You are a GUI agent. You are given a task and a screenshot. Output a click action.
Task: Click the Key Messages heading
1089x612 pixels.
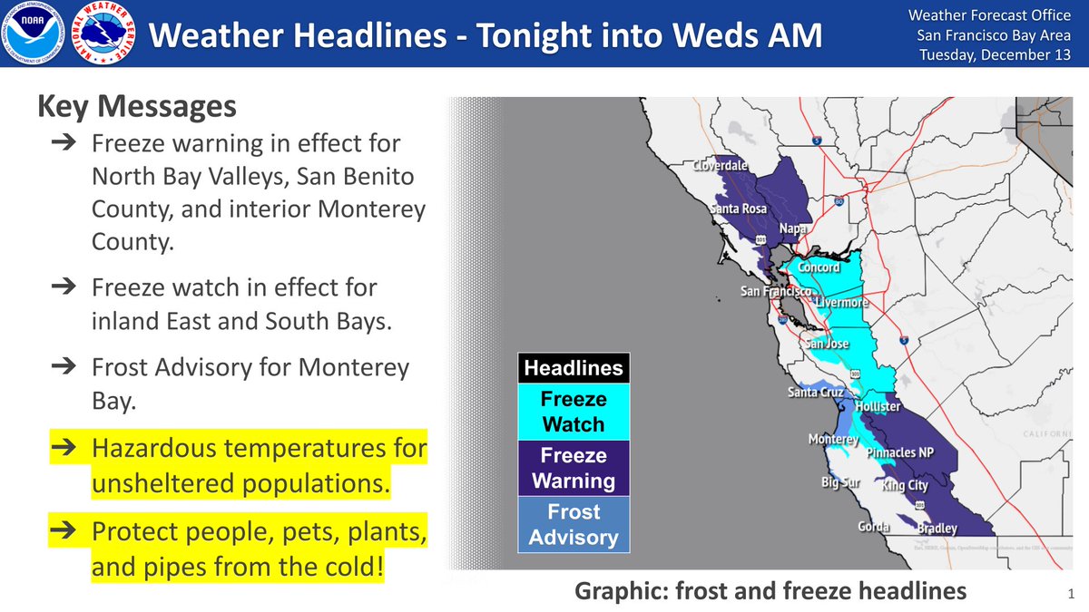click(x=136, y=107)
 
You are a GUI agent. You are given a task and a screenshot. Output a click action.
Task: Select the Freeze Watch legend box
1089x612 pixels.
click(x=573, y=412)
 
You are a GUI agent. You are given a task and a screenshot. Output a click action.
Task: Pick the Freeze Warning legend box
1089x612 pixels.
click(x=573, y=468)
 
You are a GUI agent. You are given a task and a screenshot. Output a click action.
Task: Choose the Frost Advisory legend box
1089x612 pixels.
click(x=573, y=525)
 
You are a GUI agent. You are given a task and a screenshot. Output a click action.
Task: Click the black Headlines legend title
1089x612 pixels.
click(x=573, y=368)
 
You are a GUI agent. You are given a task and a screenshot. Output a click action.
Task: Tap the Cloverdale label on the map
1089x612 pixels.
click(x=721, y=167)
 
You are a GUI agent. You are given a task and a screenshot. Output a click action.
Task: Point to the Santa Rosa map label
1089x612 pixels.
click(x=738, y=209)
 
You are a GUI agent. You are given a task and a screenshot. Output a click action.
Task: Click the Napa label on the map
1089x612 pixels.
click(x=794, y=229)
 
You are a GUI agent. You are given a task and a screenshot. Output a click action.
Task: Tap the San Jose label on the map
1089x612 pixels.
click(x=827, y=345)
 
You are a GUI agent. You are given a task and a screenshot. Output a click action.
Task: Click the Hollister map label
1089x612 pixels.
click(x=878, y=407)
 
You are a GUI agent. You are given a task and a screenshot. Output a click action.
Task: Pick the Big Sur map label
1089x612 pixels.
click(x=840, y=482)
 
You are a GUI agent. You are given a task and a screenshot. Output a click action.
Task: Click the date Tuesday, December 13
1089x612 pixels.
click(x=995, y=54)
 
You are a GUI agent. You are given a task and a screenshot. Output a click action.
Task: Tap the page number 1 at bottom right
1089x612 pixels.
click(x=1071, y=594)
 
